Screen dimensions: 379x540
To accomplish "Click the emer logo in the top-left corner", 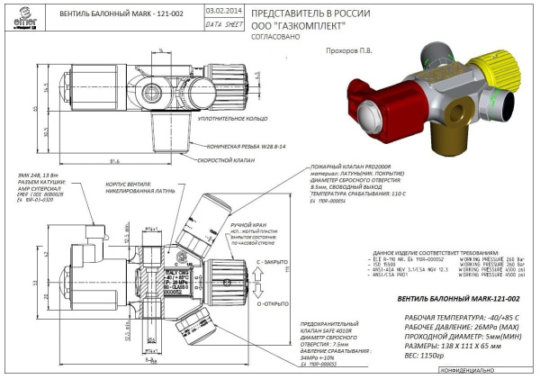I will point(20,14).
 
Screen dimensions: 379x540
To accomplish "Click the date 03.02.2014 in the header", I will point(222,10).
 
